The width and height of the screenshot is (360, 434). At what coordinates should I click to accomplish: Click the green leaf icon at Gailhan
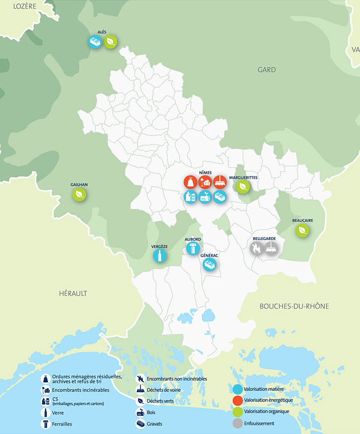[80, 195]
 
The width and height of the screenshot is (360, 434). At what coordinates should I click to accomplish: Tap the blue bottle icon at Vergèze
[160, 256]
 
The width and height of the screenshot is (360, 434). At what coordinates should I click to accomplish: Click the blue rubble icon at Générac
[210, 265]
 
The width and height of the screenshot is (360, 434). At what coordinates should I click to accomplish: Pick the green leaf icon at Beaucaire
[302, 231]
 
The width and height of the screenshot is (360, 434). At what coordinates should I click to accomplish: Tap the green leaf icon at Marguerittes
[243, 186]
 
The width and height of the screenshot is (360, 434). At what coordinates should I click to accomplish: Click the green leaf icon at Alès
[111, 42]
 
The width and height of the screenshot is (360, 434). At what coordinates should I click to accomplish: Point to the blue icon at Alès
[95, 42]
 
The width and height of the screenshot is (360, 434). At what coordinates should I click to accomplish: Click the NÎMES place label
[205, 173]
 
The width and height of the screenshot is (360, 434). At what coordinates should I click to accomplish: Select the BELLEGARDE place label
[264, 239]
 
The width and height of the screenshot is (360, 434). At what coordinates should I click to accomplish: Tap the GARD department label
[267, 70]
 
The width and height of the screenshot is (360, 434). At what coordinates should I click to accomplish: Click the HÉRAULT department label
[73, 293]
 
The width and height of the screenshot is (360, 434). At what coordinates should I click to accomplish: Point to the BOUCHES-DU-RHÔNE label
[294, 306]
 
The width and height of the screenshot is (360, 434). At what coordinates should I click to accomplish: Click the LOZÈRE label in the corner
[25, 5]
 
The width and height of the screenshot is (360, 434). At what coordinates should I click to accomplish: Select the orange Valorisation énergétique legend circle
[238, 400]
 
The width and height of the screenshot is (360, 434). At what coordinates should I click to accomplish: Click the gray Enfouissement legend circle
[238, 423]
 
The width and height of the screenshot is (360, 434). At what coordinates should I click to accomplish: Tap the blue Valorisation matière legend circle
[238, 388]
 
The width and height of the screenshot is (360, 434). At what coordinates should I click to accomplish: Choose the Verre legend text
[58, 413]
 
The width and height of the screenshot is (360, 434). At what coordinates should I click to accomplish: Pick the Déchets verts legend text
[160, 401]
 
